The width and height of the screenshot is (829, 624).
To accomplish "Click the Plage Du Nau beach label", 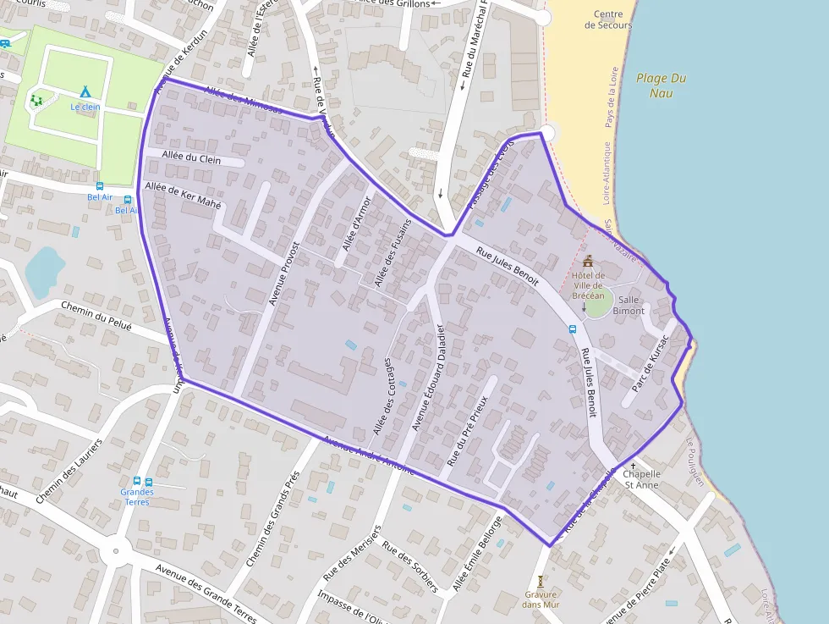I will point(661,85).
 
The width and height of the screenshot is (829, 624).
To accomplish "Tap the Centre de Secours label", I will point(608,19).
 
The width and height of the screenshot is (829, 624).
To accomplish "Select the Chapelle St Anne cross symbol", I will point(632,466).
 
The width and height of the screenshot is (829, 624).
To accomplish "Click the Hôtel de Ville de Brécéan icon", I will point(588,261).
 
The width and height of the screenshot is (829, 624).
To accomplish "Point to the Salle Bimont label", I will point(629,306).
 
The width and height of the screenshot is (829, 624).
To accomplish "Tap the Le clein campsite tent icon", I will point(85,91).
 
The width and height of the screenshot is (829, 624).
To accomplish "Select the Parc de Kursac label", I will point(650,359).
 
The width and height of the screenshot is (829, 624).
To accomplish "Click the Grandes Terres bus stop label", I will point(136,496).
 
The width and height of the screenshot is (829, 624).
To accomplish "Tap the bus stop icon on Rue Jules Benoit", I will point(573,329).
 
